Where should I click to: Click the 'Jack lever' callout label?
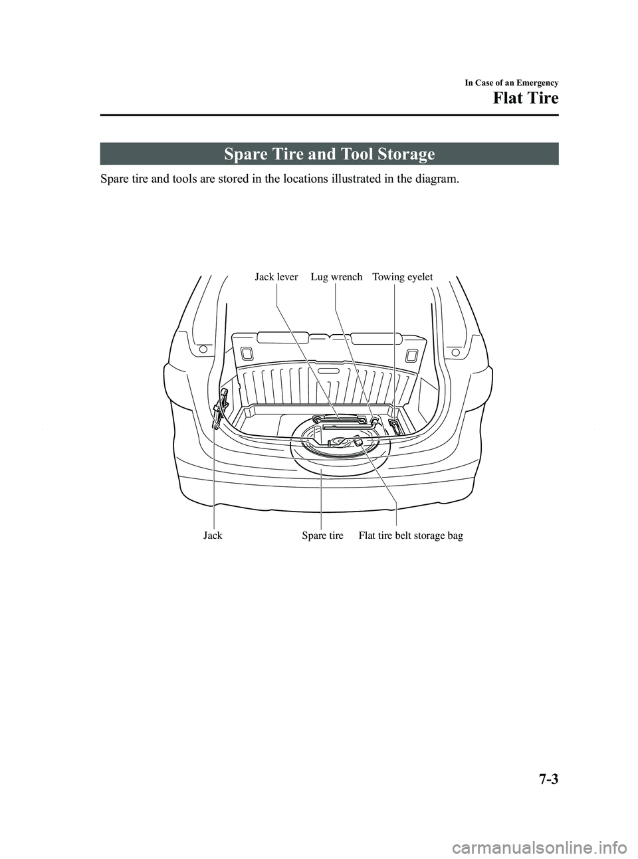tap(276, 277)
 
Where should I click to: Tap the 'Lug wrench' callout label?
tap(336, 277)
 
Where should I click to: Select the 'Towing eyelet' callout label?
tap(403, 277)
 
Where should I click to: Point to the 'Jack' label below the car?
tap(213, 535)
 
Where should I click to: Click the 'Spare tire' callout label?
tap(322, 535)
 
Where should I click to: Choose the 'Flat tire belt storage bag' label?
tap(411, 535)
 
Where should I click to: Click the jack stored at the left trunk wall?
tap(217, 413)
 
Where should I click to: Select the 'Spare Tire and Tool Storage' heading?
tap(330, 155)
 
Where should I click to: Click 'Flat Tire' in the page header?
tap(525, 99)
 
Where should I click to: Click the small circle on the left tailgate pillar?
tap(203, 349)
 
